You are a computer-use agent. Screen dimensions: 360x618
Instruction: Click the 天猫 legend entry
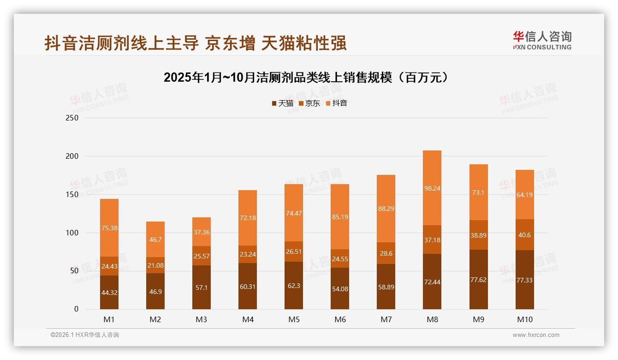pyautogui.click(x=282, y=103)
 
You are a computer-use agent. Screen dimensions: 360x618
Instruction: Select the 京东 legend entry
pyautogui.click(x=309, y=103)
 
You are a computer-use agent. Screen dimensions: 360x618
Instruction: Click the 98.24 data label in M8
pyautogui.click(x=432, y=188)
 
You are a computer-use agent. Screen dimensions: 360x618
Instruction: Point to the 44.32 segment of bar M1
pyautogui.click(x=109, y=292)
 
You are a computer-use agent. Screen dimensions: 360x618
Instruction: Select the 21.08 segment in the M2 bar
pyautogui.click(x=155, y=265)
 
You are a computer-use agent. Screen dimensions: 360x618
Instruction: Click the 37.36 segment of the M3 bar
pyautogui.click(x=202, y=232)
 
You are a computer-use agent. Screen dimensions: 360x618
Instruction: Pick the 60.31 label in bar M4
pyautogui.click(x=248, y=287)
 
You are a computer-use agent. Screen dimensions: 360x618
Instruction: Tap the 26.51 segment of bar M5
pyautogui.click(x=294, y=252)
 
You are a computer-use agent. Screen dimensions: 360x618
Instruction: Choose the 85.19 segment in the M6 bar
pyautogui.click(x=340, y=217)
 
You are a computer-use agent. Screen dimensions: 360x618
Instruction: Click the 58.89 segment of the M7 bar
pyautogui.click(x=386, y=287)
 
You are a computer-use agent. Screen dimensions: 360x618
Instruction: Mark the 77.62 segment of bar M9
pyautogui.click(x=478, y=280)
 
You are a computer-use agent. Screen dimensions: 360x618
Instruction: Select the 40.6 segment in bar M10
pyautogui.click(x=524, y=235)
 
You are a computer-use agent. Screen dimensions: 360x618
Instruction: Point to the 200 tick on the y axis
pyautogui.click(x=72, y=156)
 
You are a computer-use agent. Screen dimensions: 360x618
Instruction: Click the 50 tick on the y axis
pyautogui.click(x=74, y=271)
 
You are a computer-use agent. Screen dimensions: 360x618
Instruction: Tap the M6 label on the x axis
pyautogui.click(x=340, y=319)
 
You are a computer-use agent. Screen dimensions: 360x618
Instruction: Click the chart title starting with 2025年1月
pyautogui.click(x=306, y=78)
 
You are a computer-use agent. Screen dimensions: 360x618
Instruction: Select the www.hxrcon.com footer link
pyautogui.click(x=536, y=335)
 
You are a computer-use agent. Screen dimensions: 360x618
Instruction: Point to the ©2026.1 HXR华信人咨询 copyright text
pyautogui.click(x=84, y=335)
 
